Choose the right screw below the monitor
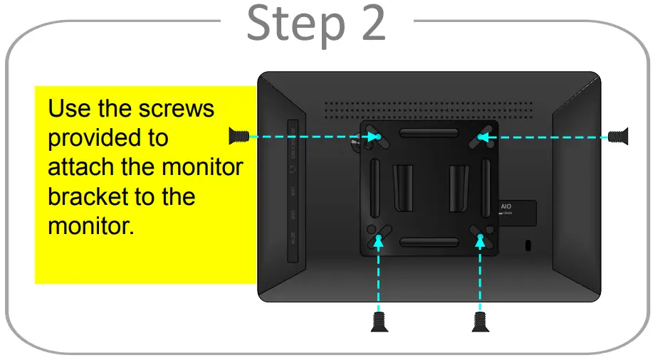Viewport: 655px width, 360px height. coord(481,321)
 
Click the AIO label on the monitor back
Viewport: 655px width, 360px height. coord(507,206)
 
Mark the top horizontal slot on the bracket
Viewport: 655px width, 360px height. coord(429,132)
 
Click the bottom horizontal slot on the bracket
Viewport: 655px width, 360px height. coord(429,243)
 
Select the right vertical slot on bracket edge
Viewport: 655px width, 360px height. coord(486,186)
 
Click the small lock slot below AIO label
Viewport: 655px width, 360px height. coord(528,245)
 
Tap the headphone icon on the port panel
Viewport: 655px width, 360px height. coord(293,170)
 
